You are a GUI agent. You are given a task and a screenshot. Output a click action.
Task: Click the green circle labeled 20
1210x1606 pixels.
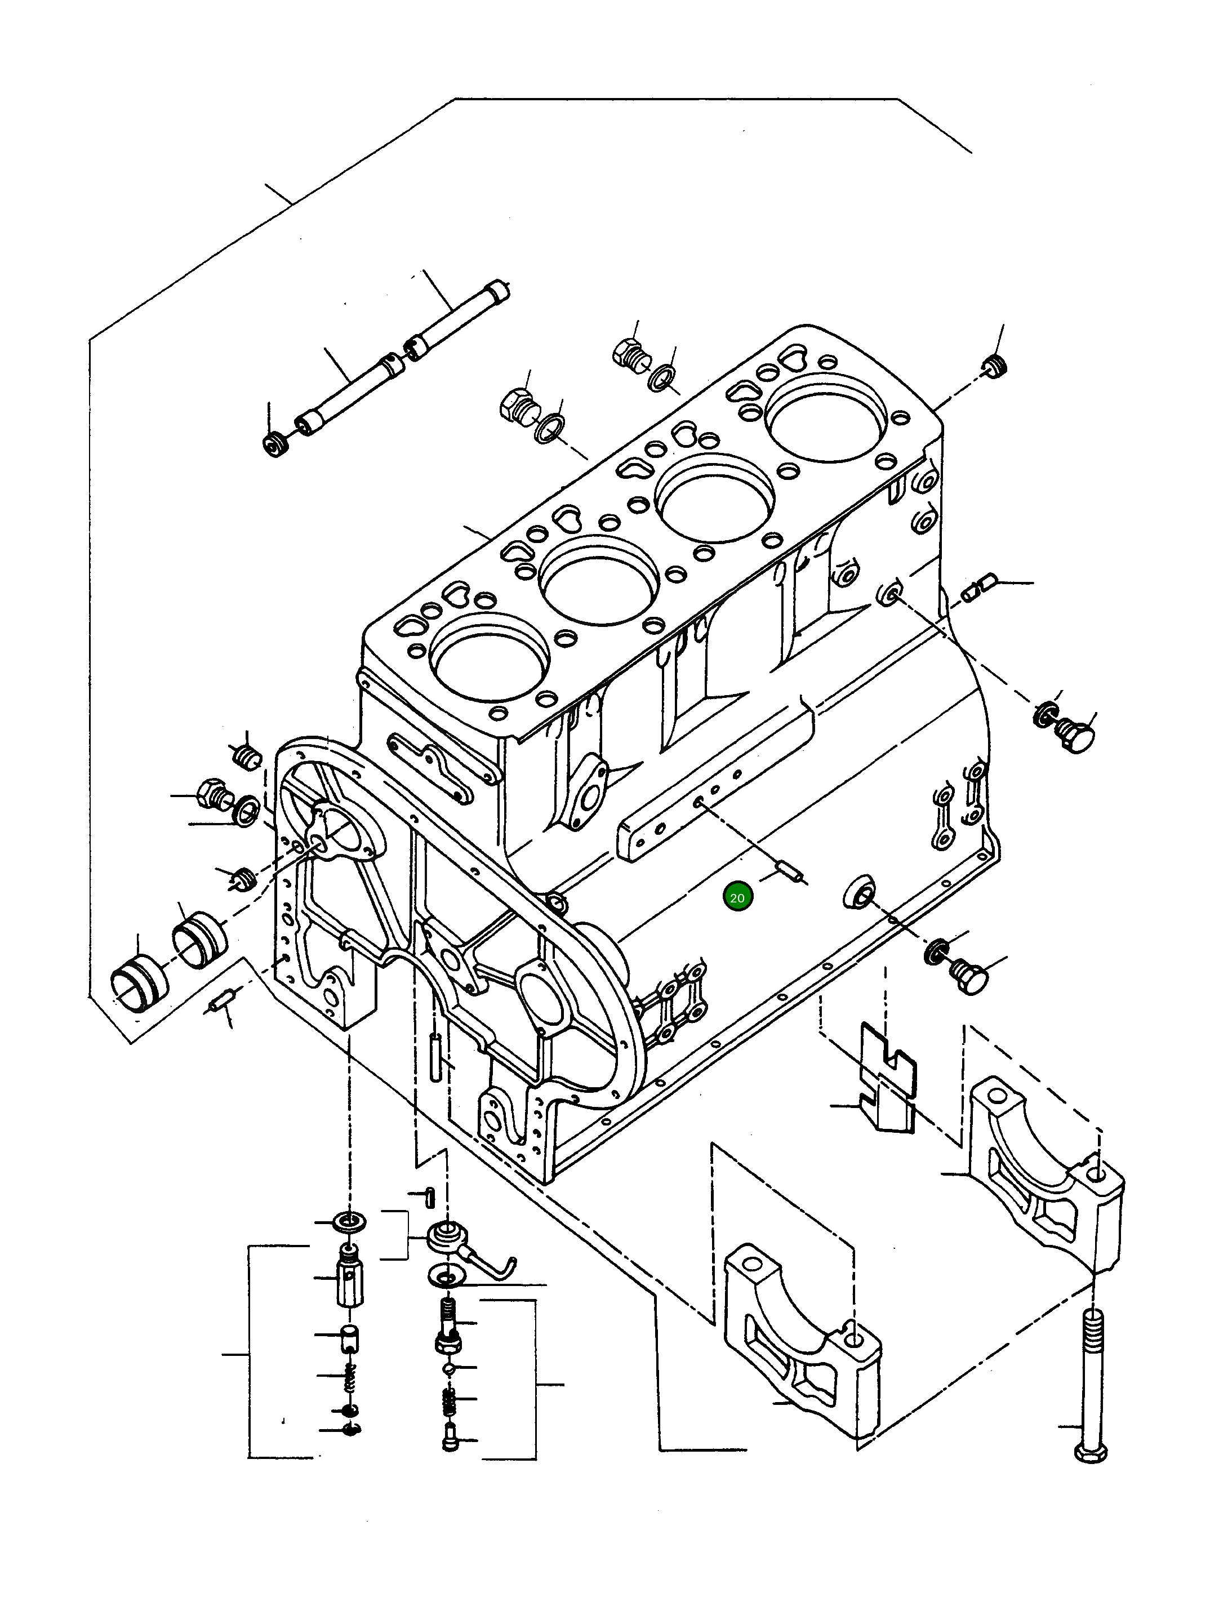click(x=737, y=897)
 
